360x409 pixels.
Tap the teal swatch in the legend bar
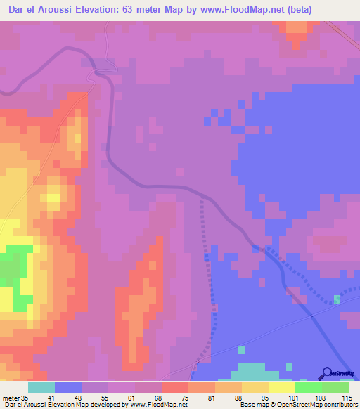click(41, 387)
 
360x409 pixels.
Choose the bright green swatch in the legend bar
click(308, 387)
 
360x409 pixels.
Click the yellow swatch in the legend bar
click(281, 387)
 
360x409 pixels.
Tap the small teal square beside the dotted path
click(337, 299)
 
